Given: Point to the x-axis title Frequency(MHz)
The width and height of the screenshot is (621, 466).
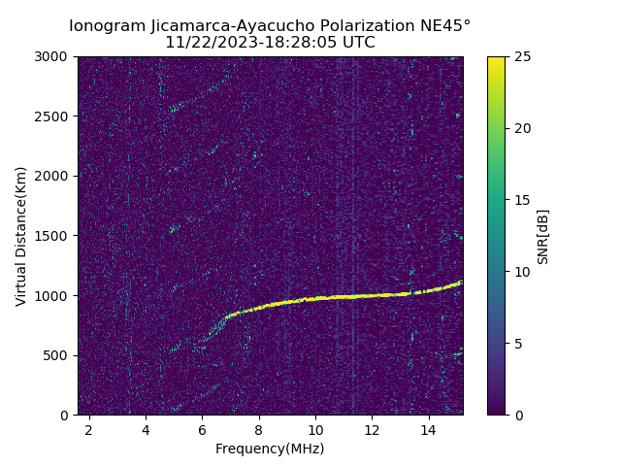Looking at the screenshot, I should [x=270, y=449].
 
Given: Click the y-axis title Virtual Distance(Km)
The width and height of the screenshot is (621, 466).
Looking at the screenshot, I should [x=20, y=236].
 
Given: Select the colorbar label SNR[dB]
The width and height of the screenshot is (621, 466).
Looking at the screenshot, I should [x=543, y=236].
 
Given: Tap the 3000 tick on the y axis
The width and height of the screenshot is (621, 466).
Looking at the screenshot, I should [x=54, y=56].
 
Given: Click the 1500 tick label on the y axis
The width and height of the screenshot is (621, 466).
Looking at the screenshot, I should [x=54, y=236].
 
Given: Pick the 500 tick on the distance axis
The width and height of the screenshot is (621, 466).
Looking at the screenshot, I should [x=58, y=355].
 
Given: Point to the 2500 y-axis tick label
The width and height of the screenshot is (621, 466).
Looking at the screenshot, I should [x=54, y=116].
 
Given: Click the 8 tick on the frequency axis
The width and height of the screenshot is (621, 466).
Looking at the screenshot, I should [x=259, y=428].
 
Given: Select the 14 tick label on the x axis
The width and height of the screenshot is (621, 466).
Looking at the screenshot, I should [x=429, y=428].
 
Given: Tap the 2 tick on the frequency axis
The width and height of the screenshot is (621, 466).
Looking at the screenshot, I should [x=89, y=428].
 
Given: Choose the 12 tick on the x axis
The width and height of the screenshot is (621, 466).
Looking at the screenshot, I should [x=372, y=428].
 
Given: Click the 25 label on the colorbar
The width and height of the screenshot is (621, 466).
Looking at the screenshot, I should [x=519, y=56].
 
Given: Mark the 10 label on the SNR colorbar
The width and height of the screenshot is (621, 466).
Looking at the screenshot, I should [x=519, y=272].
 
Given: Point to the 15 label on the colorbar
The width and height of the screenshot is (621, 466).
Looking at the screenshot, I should [x=519, y=200].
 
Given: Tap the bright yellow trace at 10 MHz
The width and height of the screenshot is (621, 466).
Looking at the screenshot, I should [x=315, y=298].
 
